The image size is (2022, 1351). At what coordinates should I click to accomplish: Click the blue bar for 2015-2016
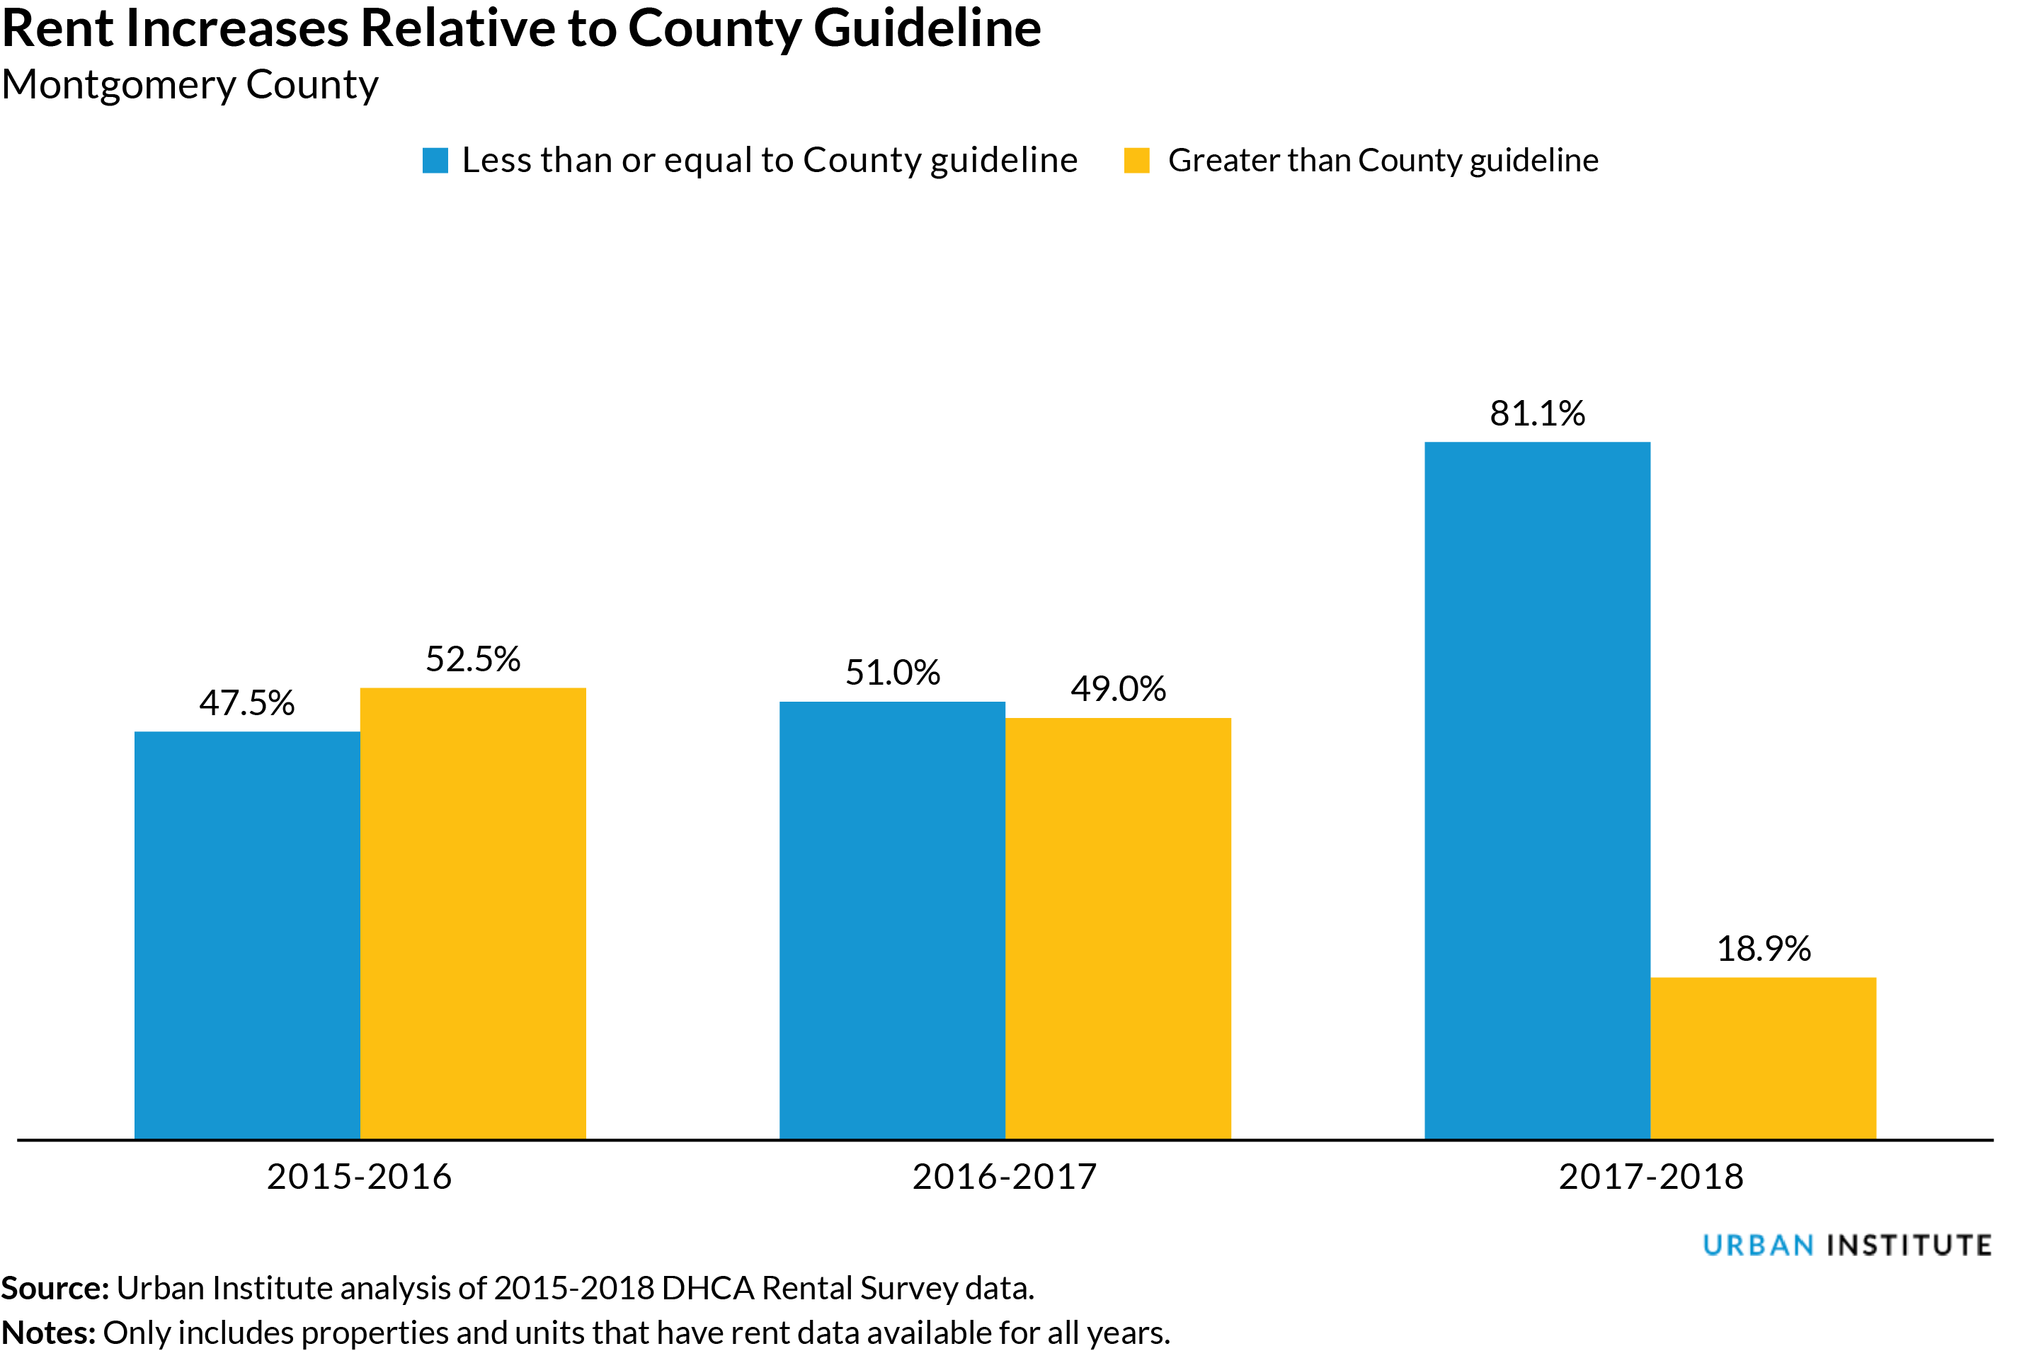(x=246, y=935)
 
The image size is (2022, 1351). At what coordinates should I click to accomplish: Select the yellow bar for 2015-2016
(x=472, y=913)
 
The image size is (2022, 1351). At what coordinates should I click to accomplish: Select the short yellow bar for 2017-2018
(x=1763, y=1058)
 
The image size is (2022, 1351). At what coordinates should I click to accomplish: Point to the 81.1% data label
(x=1537, y=414)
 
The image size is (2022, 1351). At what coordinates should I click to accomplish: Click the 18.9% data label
(x=1763, y=949)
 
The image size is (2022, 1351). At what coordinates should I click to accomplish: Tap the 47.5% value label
(x=246, y=703)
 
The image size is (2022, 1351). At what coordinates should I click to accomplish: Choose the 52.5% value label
(x=472, y=659)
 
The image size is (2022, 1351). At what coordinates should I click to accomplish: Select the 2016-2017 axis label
(x=1004, y=1177)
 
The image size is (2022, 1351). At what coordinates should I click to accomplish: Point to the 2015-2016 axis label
(x=358, y=1177)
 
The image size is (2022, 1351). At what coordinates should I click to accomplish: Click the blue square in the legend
(x=435, y=160)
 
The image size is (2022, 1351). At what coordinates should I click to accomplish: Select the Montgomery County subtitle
(x=190, y=84)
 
